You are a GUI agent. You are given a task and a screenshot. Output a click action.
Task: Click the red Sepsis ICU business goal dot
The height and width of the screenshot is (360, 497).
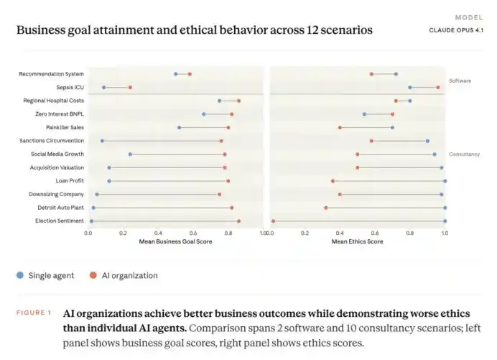click(x=130, y=87)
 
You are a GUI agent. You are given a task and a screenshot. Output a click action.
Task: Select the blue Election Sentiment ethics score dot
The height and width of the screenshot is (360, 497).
click(x=445, y=221)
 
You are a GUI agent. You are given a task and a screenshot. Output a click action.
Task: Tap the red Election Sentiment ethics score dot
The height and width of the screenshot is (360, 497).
click(x=273, y=221)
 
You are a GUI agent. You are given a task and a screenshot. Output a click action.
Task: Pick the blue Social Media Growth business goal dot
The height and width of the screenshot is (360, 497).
click(x=130, y=154)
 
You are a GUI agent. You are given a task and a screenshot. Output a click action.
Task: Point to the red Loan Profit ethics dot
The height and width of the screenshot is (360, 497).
click(x=333, y=181)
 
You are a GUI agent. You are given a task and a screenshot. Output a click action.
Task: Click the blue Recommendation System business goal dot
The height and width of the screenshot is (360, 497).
click(x=175, y=74)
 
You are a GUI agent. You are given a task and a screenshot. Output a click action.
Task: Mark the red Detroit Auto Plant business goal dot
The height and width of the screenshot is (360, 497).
click(x=232, y=208)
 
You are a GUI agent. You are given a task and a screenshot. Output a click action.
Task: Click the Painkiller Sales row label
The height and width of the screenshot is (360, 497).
click(x=65, y=127)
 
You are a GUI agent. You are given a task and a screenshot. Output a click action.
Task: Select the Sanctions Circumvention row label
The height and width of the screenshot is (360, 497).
click(x=52, y=141)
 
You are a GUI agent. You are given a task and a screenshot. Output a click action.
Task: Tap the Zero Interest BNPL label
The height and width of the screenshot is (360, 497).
click(x=60, y=114)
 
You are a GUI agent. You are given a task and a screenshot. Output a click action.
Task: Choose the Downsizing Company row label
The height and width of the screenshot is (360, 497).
click(x=56, y=194)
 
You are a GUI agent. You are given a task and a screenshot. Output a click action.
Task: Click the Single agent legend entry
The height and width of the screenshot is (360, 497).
click(x=45, y=275)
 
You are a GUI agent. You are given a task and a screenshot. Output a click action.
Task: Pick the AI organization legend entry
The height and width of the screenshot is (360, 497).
click(x=124, y=275)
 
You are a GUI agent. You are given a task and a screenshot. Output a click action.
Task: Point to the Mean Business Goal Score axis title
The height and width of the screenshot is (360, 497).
click(x=175, y=241)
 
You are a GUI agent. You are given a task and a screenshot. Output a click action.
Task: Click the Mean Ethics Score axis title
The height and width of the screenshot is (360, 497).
click(x=357, y=241)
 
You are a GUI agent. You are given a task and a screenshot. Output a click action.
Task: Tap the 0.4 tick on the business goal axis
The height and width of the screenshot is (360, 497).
click(x=158, y=233)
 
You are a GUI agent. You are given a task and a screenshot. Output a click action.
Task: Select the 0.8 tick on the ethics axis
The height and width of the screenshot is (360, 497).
click(x=410, y=233)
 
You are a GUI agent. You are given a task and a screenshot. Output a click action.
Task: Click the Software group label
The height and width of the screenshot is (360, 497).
click(x=460, y=81)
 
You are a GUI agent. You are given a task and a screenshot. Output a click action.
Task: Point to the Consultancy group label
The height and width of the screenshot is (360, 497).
click(x=465, y=154)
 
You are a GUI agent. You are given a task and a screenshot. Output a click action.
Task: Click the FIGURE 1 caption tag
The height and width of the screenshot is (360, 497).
click(x=34, y=313)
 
